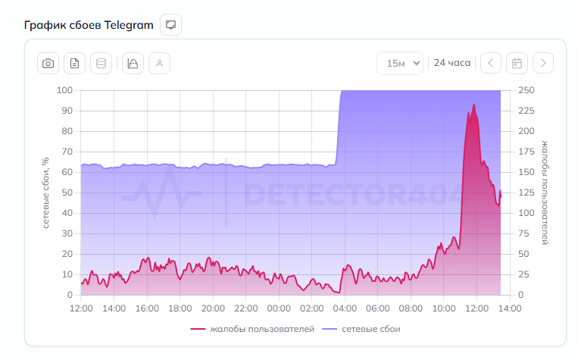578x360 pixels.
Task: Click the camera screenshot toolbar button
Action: pyautogui.click(x=48, y=64)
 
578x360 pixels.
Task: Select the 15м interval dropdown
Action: pyautogui.click(x=400, y=64)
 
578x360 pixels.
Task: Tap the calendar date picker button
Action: pyautogui.click(x=517, y=64)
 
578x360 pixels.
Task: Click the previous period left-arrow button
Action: pyautogui.click(x=491, y=64)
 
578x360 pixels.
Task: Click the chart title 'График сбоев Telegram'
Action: pyautogui.click(x=89, y=25)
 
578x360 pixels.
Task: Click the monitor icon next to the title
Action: pyautogui.click(x=171, y=25)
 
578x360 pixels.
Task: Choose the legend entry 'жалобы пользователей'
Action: pyautogui.click(x=252, y=329)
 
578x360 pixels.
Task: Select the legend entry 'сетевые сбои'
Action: pyautogui.click(x=361, y=329)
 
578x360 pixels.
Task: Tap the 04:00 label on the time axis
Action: pyautogui.click(x=345, y=309)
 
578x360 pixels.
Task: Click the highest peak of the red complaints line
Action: pyautogui.click(x=474, y=105)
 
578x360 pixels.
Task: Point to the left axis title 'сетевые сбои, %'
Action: pyautogui.click(x=46, y=193)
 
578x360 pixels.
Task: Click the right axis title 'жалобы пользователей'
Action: pyautogui.click(x=545, y=193)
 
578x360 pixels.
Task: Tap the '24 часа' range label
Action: pyautogui.click(x=451, y=64)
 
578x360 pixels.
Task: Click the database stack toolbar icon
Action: pyautogui.click(x=101, y=64)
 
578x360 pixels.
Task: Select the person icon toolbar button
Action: pyautogui.click(x=159, y=64)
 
